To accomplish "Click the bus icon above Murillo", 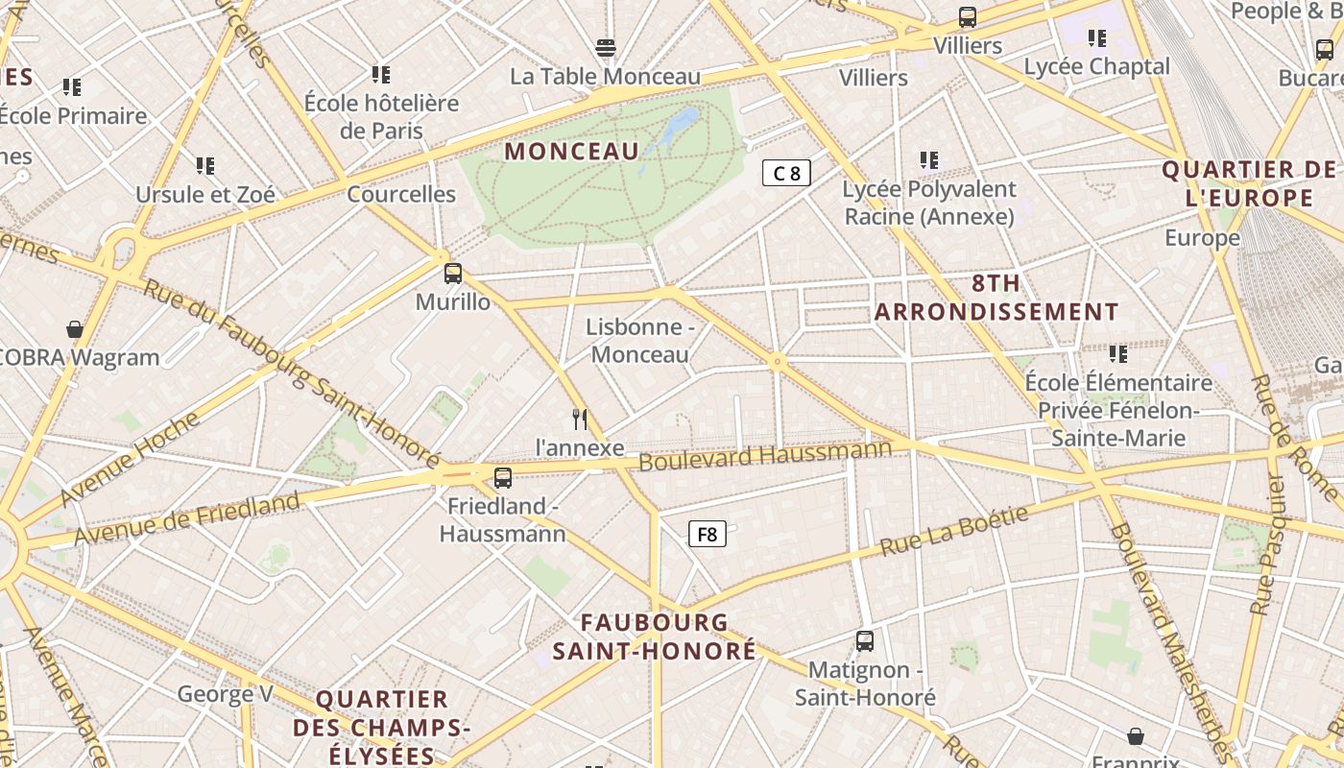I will pyautogui.click(x=453, y=274).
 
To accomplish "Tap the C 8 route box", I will pyautogui.click(x=786, y=173).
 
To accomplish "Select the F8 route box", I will pyautogui.click(x=707, y=534).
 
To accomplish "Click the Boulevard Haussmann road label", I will pyautogui.click(x=765, y=455).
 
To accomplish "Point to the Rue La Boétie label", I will pyautogui.click(x=954, y=531).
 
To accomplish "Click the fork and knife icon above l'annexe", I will pyautogui.click(x=579, y=419).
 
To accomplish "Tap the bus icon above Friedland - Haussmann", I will pyautogui.click(x=502, y=477).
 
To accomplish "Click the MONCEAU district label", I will pyautogui.click(x=571, y=151).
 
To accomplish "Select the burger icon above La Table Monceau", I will pyautogui.click(x=605, y=47).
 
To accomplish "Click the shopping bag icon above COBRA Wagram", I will pyautogui.click(x=75, y=329).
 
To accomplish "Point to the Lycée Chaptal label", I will pyautogui.click(x=1096, y=66).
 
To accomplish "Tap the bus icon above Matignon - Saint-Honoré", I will pyautogui.click(x=864, y=640).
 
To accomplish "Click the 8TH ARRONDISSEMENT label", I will pyautogui.click(x=996, y=298).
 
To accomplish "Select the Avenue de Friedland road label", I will pyautogui.click(x=187, y=518).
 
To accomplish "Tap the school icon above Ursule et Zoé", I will pyautogui.click(x=204, y=165).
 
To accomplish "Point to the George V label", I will pyautogui.click(x=226, y=693).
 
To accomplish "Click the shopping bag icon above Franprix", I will pyautogui.click(x=1136, y=736).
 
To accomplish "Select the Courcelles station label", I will pyautogui.click(x=401, y=194).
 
